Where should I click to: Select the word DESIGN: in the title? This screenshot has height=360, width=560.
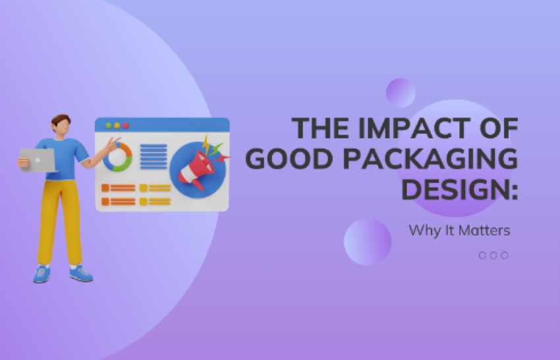[x=459, y=190]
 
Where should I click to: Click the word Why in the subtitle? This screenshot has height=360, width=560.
[x=422, y=231]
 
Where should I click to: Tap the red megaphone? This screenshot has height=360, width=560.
[x=194, y=169]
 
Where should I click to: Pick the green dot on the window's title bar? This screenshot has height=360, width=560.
[x=109, y=125]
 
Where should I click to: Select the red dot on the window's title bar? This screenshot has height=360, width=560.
[x=126, y=125]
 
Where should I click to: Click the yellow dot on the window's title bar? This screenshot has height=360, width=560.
[x=117, y=125]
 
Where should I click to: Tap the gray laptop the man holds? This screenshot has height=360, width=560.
[x=37, y=159]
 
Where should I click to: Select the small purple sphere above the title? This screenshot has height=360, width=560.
[x=400, y=92]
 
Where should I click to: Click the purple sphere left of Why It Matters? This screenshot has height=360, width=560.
[x=368, y=241]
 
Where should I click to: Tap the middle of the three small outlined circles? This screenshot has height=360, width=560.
[x=493, y=255]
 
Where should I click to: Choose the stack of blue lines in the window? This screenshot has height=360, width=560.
[x=153, y=157]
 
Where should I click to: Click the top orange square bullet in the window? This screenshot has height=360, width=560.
[x=105, y=188]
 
